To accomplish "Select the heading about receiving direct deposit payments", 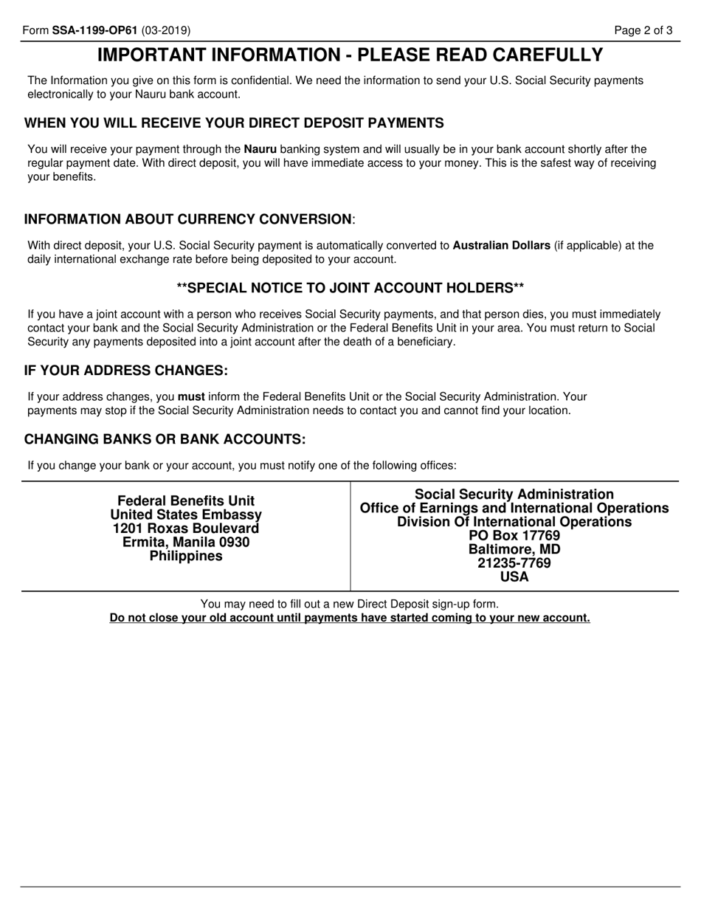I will (x=234, y=123).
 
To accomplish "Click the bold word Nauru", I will (x=260, y=149).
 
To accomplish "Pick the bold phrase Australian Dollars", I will (x=501, y=246).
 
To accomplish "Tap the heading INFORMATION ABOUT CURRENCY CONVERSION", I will (x=188, y=219).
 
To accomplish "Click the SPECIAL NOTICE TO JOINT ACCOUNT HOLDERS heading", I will (x=350, y=287).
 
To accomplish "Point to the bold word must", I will (x=191, y=396).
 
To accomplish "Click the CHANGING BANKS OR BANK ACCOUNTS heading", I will (x=165, y=439).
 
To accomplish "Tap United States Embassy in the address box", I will (x=186, y=515).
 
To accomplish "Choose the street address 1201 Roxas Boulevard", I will (x=186, y=529).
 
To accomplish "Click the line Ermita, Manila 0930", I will (x=186, y=543).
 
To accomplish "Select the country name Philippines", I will (x=186, y=557).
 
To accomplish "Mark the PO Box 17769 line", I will (x=514, y=536).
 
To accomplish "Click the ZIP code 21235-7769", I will (x=514, y=564).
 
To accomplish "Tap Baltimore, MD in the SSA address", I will (x=514, y=550).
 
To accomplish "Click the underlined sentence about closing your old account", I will (x=350, y=618).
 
